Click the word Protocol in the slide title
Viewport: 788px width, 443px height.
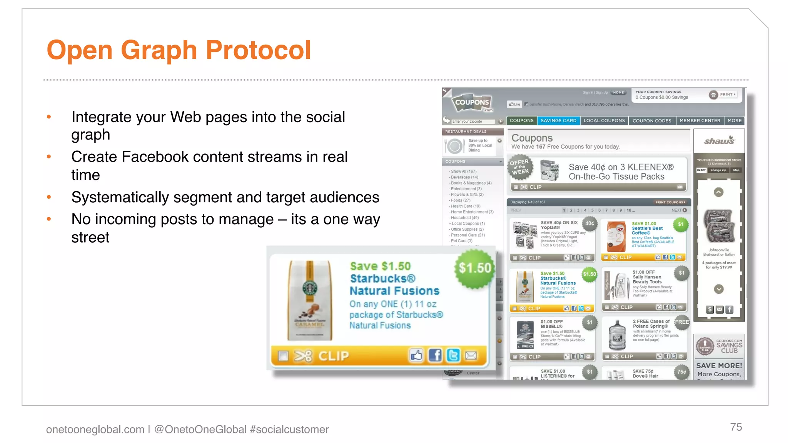pyautogui.click(x=258, y=50)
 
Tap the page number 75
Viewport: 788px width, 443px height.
pyautogui.click(x=736, y=427)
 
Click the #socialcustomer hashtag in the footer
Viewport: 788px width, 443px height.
pyautogui.click(x=289, y=429)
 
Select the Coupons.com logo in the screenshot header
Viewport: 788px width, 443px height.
pyautogui.click(x=472, y=103)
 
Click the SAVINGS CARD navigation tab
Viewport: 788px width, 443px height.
pyautogui.click(x=558, y=121)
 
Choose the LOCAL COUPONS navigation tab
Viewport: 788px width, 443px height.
pyautogui.click(x=604, y=121)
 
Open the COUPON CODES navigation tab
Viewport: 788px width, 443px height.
pyautogui.click(x=652, y=121)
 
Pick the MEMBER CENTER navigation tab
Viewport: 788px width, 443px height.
pyautogui.click(x=700, y=121)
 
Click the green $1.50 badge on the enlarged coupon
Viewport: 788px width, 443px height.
pyautogui.click(x=475, y=268)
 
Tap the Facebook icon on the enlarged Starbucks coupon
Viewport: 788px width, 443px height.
pyautogui.click(x=435, y=355)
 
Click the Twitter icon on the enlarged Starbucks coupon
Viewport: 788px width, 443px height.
pyautogui.click(x=453, y=355)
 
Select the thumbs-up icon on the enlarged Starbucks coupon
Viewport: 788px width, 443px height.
pyautogui.click(x=416, y=355)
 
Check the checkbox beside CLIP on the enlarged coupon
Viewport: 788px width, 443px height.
pyautogui.click(x=283, y=356)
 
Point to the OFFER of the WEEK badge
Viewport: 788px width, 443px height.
pyautogui.click(x=520, y=168)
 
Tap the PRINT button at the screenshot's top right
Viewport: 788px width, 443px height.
pyautogui.click(x=723, y=95)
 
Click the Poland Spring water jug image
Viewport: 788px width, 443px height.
pyautogui.click(x=617, y=335)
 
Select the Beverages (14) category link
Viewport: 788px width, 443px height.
pyautogui.click(x=464, y=177)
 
